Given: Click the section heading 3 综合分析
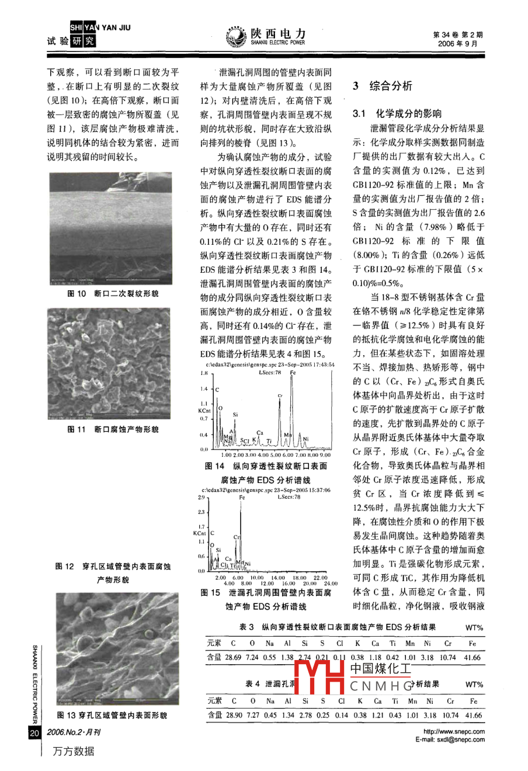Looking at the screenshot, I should coord(383,86).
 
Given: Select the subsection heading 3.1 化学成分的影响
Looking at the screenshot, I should coord(397,114).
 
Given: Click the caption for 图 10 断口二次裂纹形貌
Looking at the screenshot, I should coord(113,293).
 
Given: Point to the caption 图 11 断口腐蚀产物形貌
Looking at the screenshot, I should coord(113,429).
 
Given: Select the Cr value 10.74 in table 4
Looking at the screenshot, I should coord(448,714).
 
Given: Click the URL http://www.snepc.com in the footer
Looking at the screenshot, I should coord(454,731).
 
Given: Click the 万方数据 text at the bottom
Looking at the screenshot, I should coord(74,751).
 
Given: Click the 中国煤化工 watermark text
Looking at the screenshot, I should coord(380,668).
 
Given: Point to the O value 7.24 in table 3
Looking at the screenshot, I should coord(252,657).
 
